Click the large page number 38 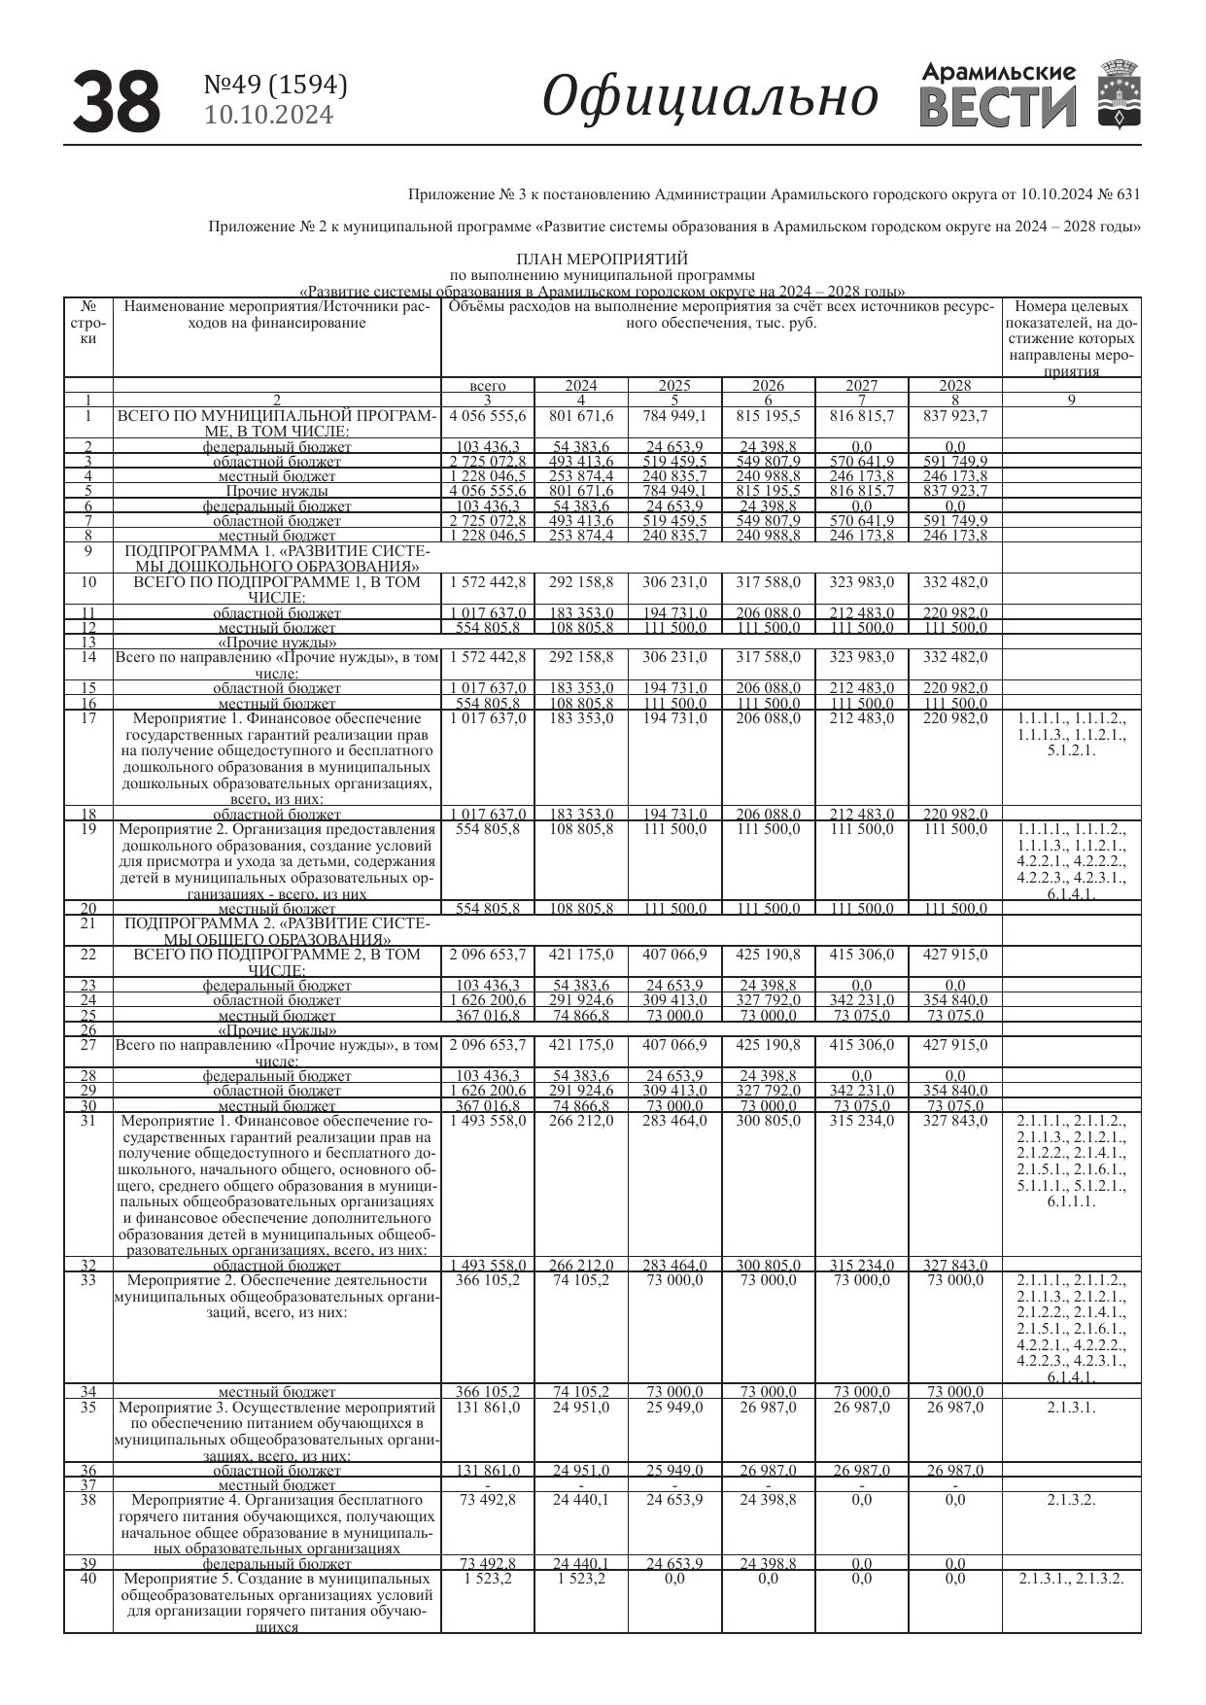click(117, 101)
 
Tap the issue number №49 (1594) click(275, 86)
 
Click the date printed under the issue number click(269, 116)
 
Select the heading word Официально click(709, 97)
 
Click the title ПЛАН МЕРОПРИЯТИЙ click(602, 259)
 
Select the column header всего click(487, 386)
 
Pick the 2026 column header click(768, 386)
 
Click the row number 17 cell click(88, 718)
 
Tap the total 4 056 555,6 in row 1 click(487, 416)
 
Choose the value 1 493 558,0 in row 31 click(487, 1121)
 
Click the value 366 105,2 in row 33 click(487, 1280)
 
